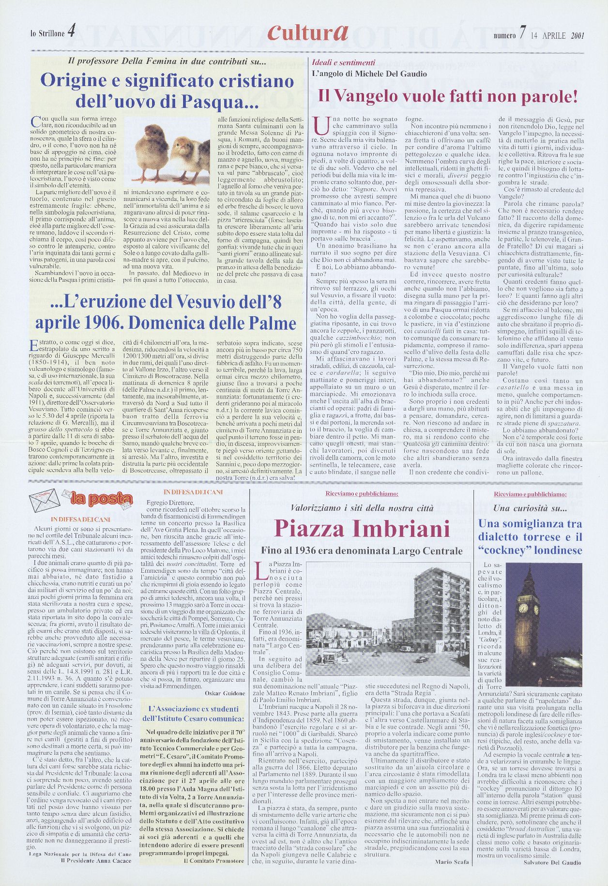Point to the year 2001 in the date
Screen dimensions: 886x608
point(578,35)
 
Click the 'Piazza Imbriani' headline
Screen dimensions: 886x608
point(362,528)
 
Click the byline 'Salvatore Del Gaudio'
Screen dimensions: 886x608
point(552,862)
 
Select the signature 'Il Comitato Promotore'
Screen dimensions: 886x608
point(214,861)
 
